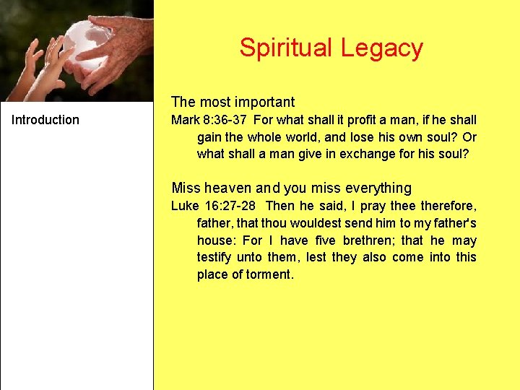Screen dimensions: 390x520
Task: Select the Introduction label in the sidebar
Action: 45,120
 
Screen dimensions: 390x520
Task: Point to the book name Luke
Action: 183,206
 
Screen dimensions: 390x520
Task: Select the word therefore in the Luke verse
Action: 448,206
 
